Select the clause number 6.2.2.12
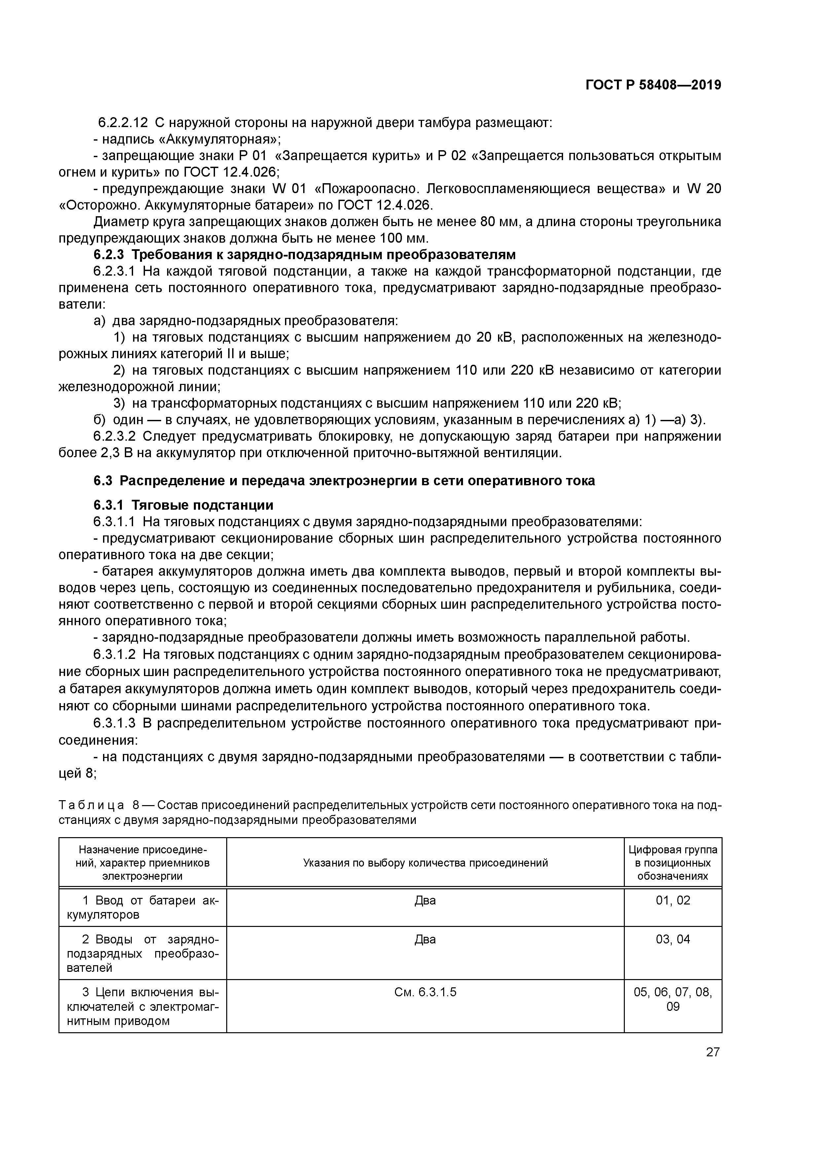click(x=123, y=122)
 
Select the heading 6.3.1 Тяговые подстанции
click(x=183, y=505)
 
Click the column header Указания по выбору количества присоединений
click(x=425, y=863)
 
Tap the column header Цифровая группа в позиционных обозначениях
click(x=673, y=863)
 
